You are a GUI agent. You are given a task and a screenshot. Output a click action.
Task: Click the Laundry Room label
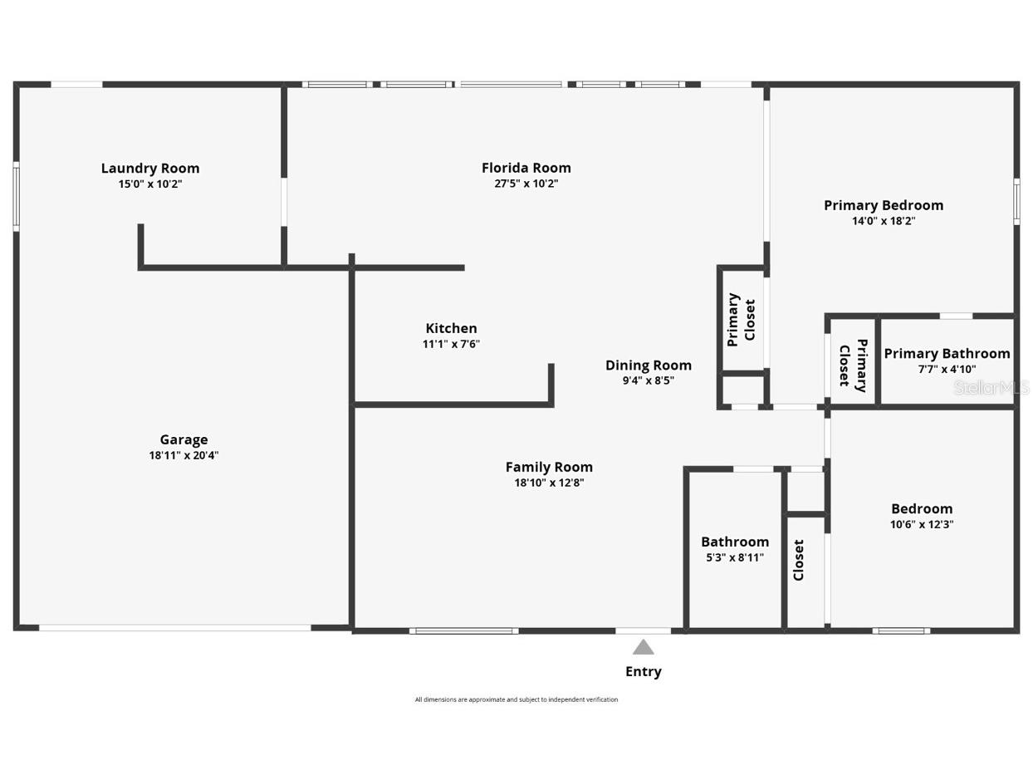pyautogui.click(x=150, y=169)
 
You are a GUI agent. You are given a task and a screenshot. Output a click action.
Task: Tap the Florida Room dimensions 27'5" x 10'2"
pyautogui.click(x=526, y=184)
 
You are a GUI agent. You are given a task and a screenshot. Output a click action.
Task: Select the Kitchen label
pyautogui.click(x=451, y=329)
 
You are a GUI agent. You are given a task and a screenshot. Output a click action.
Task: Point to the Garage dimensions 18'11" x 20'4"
pyautogui.click(x=184, y=455)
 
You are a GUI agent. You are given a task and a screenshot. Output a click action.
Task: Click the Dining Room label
pyautogui.click(x=648, y=365)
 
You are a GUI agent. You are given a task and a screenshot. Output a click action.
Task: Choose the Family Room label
pyautogui.click(x=549, y=467)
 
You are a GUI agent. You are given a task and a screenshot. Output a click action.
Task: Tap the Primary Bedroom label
pyautogui.click(x=883, y=205)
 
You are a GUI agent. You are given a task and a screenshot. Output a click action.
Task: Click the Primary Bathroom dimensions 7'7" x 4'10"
pyautogui.click(x=947, y=370)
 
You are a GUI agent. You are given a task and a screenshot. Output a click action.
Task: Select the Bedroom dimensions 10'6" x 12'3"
pyautogui.click(x=921, y=524)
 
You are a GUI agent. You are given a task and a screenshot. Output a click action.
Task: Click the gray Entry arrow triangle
pyautogui.click(x=643, y=647)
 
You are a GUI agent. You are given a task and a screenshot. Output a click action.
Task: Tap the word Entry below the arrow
pyautogui.click(x=643, y=671)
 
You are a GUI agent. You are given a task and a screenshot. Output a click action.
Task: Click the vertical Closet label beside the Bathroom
pyautogui.click(x=799, y=560)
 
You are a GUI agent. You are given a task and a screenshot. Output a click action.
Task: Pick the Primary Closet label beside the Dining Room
pyautogui.click(x=741, y=320)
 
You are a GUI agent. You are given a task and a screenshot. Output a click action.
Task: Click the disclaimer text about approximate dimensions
pyautogui.click(x=516, y=699)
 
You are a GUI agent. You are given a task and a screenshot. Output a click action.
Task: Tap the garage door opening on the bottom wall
pyautogui.click(x=174, y=628)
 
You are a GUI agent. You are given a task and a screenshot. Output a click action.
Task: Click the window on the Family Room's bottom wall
pyautogui.click(x=463, y=631)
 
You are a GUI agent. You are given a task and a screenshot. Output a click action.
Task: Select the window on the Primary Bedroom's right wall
pyautogui.click(x=1016, y=201)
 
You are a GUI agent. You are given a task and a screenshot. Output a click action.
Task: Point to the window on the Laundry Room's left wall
pyautogui.click(x=16, y=197)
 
